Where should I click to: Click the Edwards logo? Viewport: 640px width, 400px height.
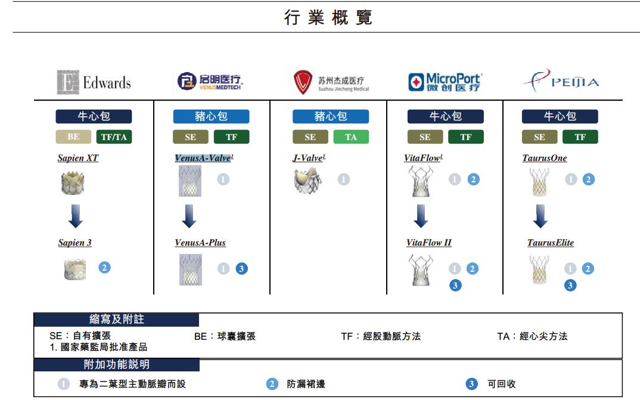(x=94, y=82)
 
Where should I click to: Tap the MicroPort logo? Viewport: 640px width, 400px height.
(x=445, y=82)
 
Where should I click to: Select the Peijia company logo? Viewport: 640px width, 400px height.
(x=561, y=80)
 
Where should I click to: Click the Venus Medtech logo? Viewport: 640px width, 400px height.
(x=210, y=81)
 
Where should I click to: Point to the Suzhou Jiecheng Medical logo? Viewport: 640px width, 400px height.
(x=331, y=82)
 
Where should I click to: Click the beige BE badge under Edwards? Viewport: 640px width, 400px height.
(x=73, y=137)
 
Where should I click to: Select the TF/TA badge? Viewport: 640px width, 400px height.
(x=114, y=137)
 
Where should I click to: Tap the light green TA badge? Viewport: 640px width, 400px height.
(x=351, y=137)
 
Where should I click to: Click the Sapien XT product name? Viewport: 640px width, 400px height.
(x=78, y=158)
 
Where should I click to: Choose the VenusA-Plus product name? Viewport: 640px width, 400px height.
(x=200, y=243)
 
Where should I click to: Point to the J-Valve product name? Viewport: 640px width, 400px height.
(x=309, y=158)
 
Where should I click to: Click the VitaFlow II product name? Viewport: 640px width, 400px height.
(x=429, y=243)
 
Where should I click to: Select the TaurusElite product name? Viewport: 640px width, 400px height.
(x=551, y=243)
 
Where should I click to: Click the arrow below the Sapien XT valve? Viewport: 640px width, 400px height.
(x=76, y=216)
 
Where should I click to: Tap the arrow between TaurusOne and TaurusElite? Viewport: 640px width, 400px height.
(x=540, y=216)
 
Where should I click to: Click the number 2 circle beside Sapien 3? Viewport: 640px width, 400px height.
(x=104, y=267)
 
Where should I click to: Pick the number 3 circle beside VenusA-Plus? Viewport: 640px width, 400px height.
(x=241, y=269)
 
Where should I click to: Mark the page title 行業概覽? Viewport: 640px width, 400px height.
(x=328, y=17)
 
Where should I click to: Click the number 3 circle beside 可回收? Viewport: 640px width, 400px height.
(x=471, y=384)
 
